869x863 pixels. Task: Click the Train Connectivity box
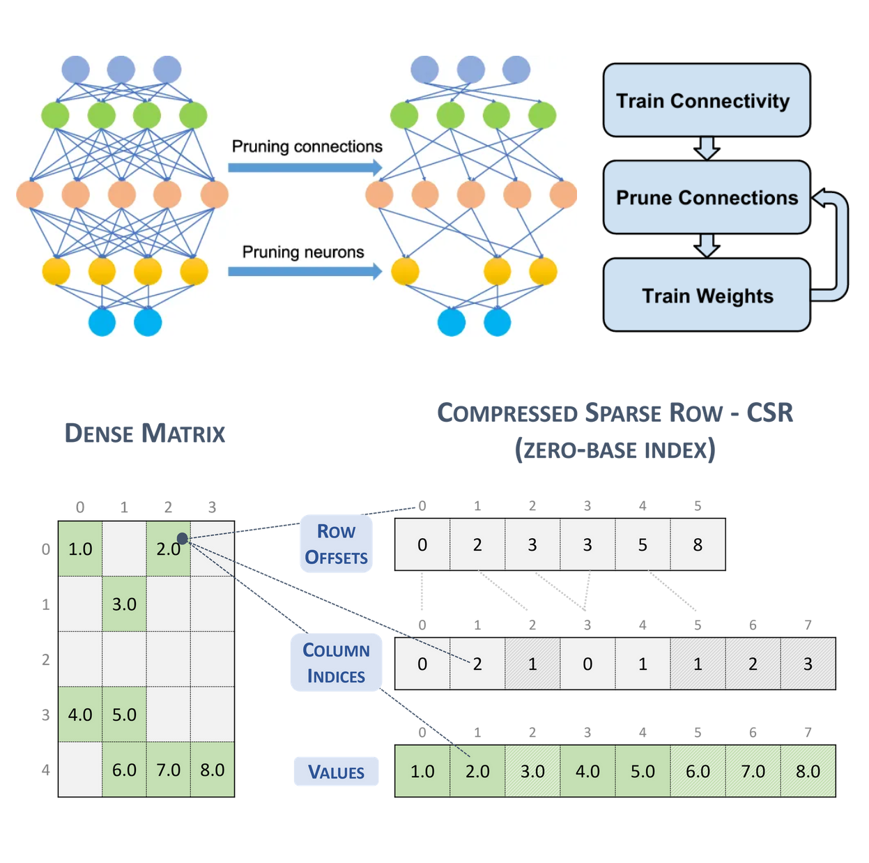coord(706,100)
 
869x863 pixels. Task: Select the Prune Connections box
coord(706,197)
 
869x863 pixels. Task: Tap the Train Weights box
coord(706,296)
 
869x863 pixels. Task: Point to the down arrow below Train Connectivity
coord(707,148)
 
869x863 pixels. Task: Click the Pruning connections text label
coord(307,146)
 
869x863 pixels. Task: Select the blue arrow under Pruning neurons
coord(305,271)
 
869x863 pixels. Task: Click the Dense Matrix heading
coord(145,434)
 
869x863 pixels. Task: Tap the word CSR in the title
coord(769,413)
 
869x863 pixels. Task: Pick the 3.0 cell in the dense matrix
coord(124,604)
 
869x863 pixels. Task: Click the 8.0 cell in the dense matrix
coord(213,770)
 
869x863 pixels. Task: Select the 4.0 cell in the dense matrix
coord(80,715)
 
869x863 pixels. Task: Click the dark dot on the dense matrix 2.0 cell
coord(183,538)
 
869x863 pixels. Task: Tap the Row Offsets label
coord(336,544)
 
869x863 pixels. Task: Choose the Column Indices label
coord(336,663)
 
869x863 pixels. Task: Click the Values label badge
coord(336,772)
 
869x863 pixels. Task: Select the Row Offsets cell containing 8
coord(698,544)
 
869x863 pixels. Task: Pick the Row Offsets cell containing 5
coord(643,544)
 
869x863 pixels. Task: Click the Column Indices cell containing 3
coord(808,664)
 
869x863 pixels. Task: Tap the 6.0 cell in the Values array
coord(698,771)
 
